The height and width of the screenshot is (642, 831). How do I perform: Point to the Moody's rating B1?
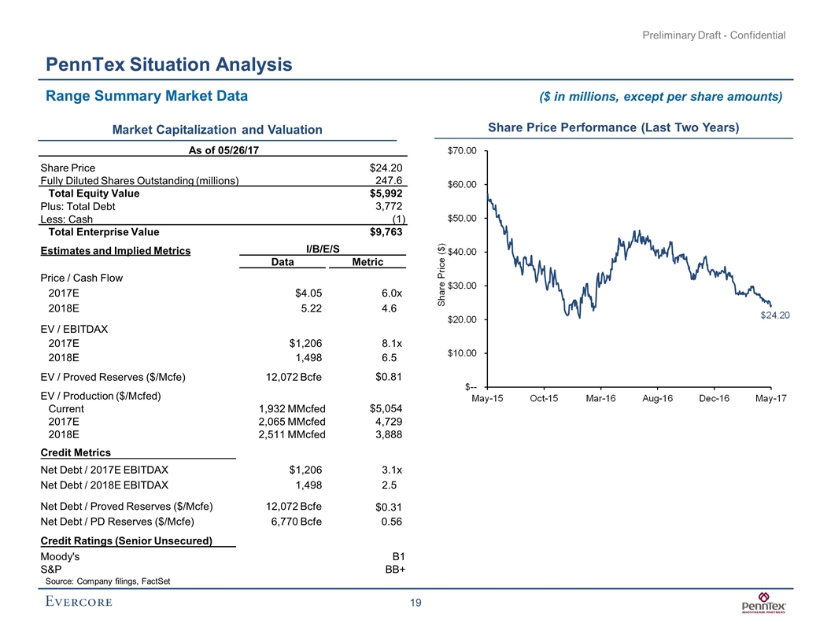pyautogui.click(x=397, y=557)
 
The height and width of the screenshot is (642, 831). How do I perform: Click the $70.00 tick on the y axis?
pyautogui.click(x=462, y=150)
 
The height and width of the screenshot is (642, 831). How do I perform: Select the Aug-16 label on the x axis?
pyautogui.click(x=657, y=399)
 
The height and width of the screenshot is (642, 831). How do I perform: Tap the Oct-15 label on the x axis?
pyautogui.click(x=544, y=399)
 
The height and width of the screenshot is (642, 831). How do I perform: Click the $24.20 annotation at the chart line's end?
pyautogui.click(x=775, y=315)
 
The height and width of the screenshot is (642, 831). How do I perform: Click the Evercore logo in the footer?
pyautogui.click(x=78, y=603)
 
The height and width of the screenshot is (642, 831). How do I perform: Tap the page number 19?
pyautogui.click(x=415, y=603)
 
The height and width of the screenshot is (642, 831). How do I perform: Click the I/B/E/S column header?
pyautogui.click(x=323, y=249)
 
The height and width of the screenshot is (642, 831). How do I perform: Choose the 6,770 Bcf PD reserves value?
pyautogui.click(x=292, y=521)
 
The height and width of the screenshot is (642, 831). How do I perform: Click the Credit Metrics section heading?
pyautogui.click(x=76, y=452)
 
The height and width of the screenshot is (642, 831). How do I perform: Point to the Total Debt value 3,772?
pyautogui.click(x=389, y=206)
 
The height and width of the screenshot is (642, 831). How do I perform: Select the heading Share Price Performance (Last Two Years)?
pyautogui.click(x=613, y=127)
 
